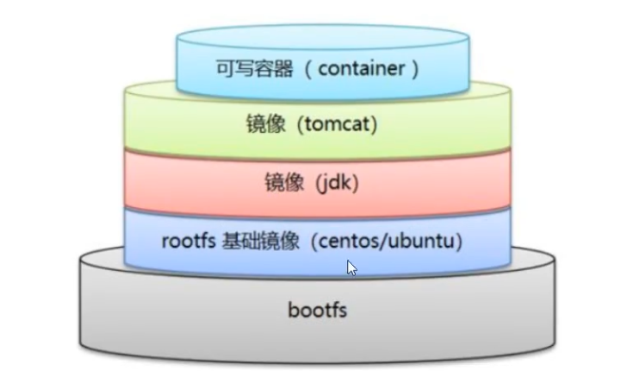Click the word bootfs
317,309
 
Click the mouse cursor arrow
351,267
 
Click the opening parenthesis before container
305,69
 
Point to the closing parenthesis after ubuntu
458,241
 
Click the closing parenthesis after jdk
354,183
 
